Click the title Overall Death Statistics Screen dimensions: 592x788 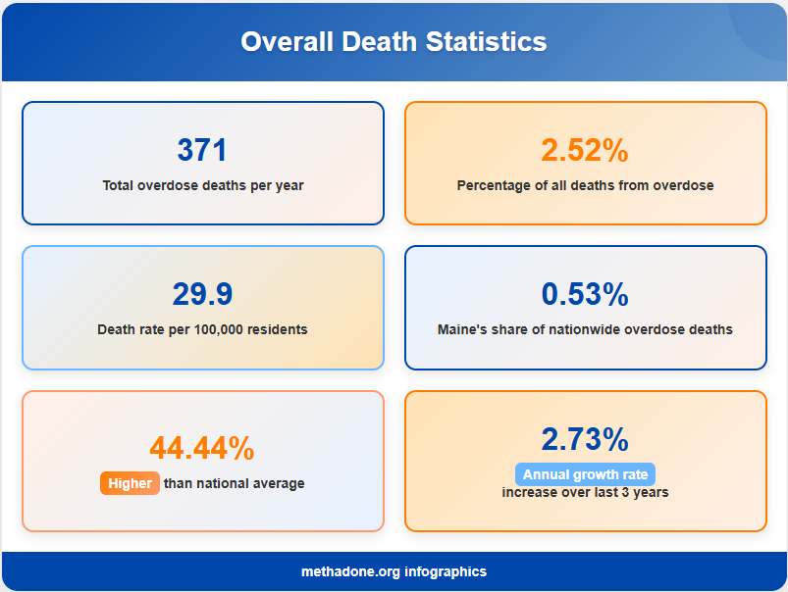click(394, 42)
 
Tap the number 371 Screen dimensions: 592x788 click(202, 150)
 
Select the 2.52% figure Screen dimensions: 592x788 click(585, 150)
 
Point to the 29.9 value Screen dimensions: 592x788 click(202, 294)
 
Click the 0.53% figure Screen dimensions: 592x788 click(585, 294)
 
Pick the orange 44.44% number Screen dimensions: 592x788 click(202, 448)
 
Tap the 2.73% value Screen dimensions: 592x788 click(585, 438)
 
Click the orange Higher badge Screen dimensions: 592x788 click(130, 483)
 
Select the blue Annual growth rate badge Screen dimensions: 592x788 click(585, 474)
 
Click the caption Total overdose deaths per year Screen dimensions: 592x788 click(203, 185)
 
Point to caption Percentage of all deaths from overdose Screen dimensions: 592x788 click(585, 185)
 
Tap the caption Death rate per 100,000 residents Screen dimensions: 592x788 click(202, 329)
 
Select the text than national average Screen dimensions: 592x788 click(234, 483)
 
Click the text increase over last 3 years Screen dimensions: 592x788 click(585, 492)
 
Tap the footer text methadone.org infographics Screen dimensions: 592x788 click(394, 571)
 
